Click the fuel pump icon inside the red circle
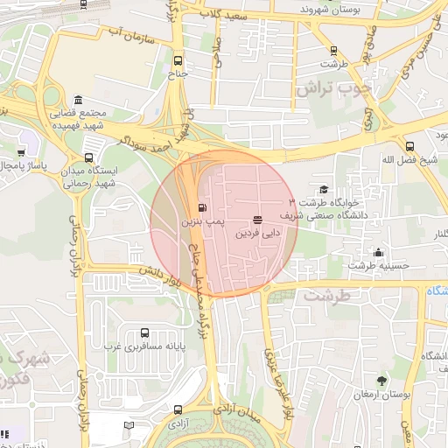tap(203, 208)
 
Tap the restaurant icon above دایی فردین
tap(257, 220)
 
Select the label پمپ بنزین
tap(197, 223)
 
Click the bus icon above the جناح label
tap(179, 61)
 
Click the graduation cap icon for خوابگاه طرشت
tap(324, 189)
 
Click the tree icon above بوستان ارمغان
tap(381, 381)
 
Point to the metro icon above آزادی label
tap(178, 409)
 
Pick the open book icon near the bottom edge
tap(129, 425)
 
